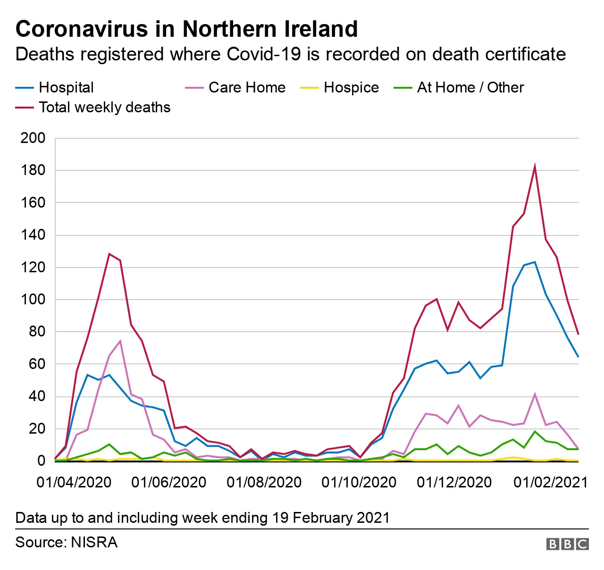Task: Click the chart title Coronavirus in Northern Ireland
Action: [x=186, y=29]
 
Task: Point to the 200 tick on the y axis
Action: [x=33, y=138]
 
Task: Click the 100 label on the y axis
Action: [x=33, y=300]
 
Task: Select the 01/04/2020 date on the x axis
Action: [x=74, y=482]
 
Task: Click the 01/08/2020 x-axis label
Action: [x=264, y=482]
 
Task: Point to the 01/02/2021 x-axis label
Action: [x=550, y=482]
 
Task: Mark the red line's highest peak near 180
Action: [x=535, y=167]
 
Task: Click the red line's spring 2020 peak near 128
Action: [x=109, y=254]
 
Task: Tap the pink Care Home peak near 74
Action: [x=120, y=341]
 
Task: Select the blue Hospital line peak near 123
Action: [x=535, y=262]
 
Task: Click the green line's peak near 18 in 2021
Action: [x=535, y=431]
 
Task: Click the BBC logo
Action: [x=567, y=544]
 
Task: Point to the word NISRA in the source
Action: [x=94, y=542]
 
